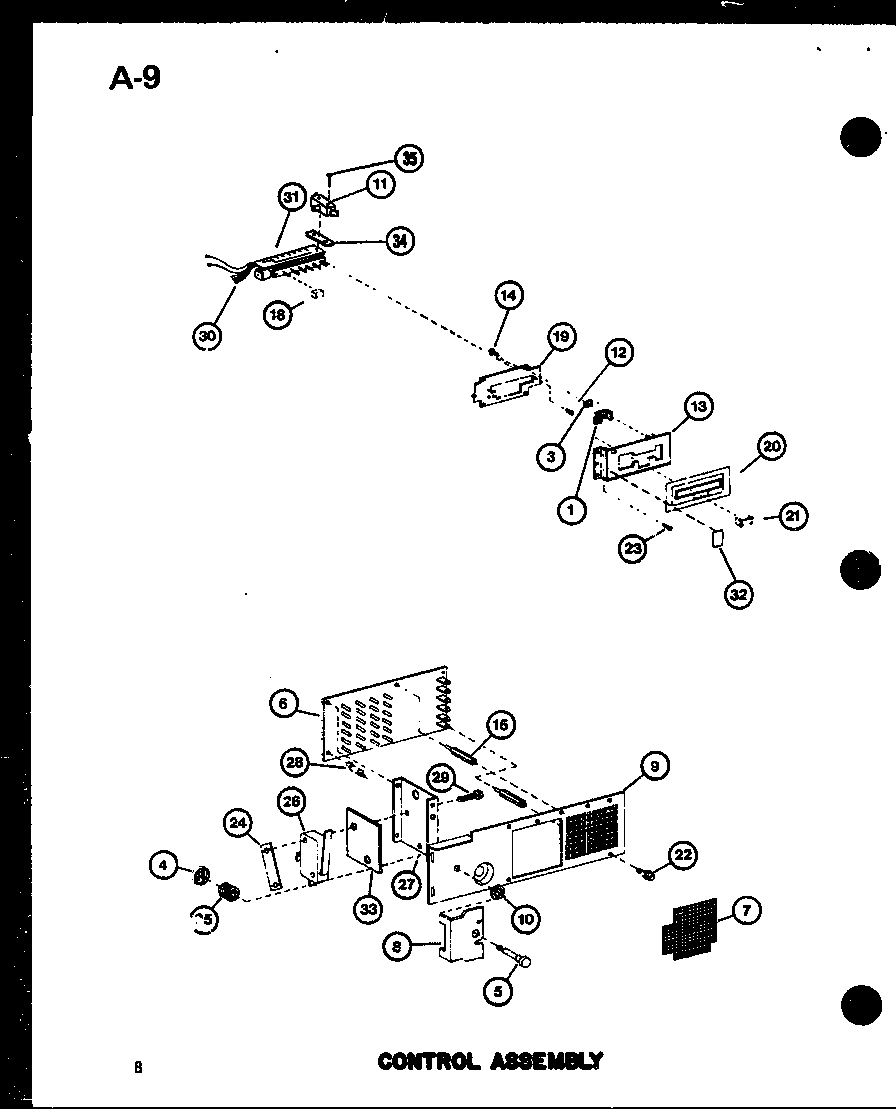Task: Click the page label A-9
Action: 134,78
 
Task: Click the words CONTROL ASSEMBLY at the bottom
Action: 490,1061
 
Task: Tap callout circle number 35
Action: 408,159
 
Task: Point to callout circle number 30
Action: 208,336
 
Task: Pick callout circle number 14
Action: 509,295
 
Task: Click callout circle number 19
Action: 560,337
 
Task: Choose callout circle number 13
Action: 697,406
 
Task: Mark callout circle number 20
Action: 770,447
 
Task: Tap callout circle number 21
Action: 793,516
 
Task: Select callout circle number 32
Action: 739,593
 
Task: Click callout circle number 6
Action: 284,704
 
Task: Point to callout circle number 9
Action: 654,768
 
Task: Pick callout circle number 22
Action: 683,854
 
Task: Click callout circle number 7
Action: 746,910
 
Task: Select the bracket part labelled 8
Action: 462,937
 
